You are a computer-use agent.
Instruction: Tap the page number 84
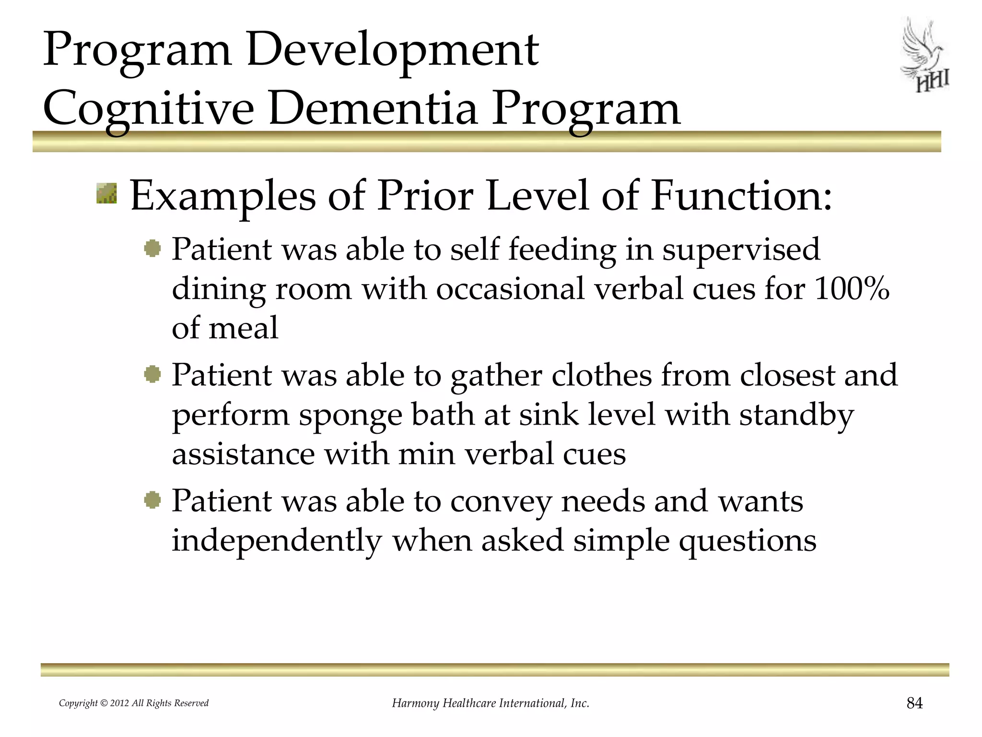coord(914,703)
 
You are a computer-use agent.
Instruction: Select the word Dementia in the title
coord(373,109)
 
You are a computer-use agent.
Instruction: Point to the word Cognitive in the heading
coord(149,109)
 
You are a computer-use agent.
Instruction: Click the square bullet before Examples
coord(106,193)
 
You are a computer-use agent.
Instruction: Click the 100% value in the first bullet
coord(852,289)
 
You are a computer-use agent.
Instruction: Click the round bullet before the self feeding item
coord(152,249)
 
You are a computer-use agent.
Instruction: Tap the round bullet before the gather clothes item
coord(152,374)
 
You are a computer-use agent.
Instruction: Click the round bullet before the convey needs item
coord(152,500)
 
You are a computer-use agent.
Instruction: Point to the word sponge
coord(350,416)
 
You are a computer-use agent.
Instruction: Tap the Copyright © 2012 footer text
coord(133,703)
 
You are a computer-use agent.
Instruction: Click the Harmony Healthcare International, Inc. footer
coord(491,703)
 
